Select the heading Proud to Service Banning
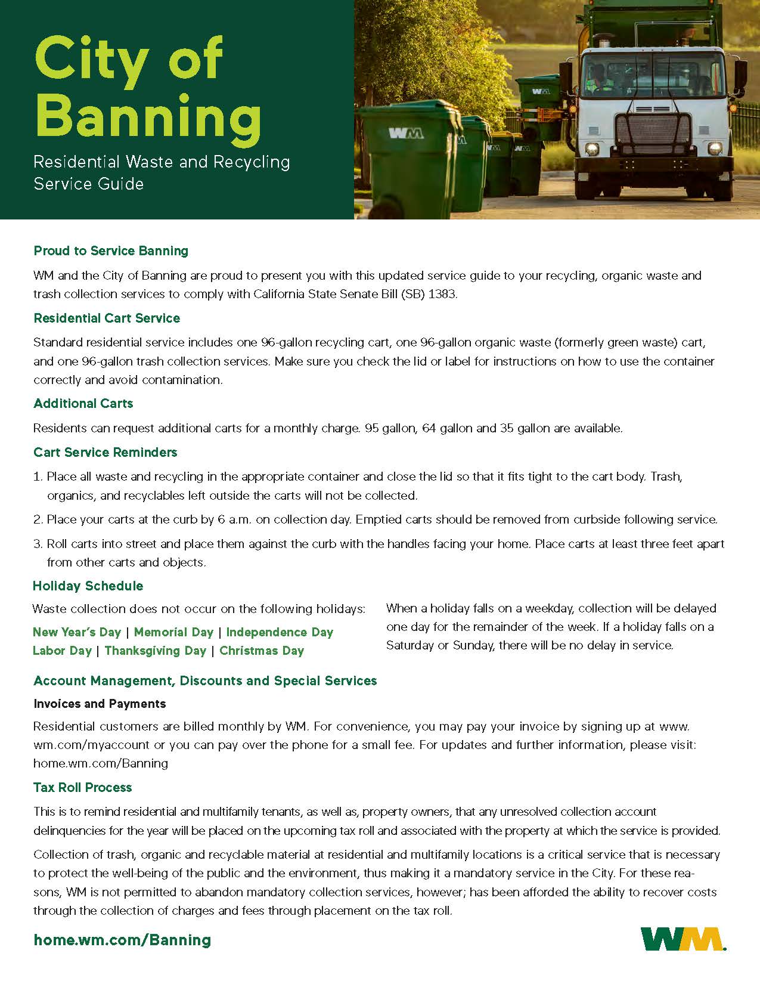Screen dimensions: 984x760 point(111,251)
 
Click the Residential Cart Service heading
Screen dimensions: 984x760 point(107,318)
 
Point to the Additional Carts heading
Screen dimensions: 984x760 point(83,404)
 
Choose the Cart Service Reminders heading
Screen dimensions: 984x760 point(106,453)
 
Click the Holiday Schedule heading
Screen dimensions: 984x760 point(88,586)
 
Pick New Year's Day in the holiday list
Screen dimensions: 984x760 point(77,632)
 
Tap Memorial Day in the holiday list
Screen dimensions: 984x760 point(173,632)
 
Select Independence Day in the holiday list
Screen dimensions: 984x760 point(280,632)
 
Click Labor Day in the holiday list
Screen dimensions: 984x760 point(62,651)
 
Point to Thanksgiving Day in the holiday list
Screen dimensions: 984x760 point(155,651)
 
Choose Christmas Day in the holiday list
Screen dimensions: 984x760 point(262,651)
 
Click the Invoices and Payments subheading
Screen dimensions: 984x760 point(100,704)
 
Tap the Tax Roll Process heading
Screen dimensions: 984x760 point(83,788)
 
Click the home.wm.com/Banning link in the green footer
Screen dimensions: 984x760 point(123,940)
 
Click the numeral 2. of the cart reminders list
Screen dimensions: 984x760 point(38,520)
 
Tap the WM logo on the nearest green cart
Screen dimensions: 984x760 point(406,133)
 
